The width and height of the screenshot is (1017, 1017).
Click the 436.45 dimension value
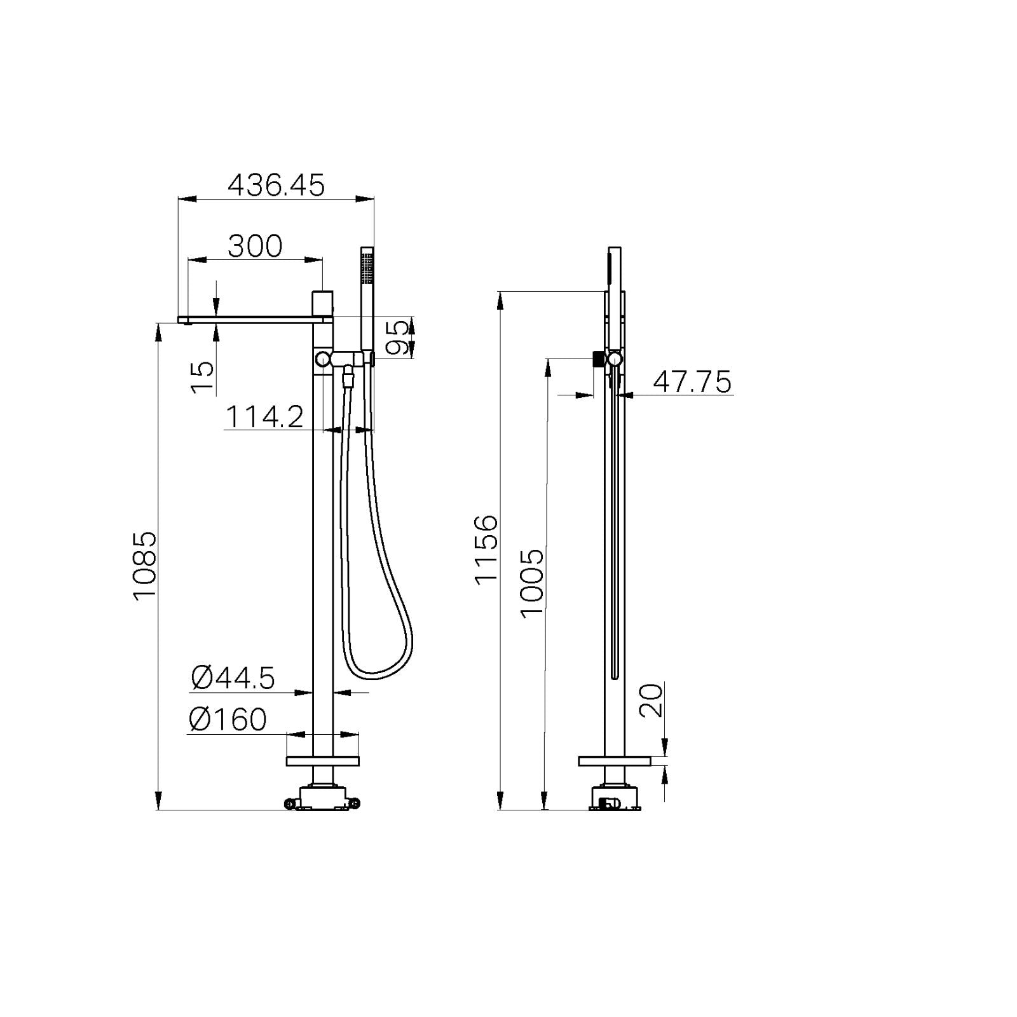(276, 186)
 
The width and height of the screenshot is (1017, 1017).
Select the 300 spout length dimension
(254, 247)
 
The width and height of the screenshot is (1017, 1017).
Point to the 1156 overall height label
(486, 549)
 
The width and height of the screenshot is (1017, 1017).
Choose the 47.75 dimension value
(692, 383)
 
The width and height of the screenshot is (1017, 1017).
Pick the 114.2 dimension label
(264, 418)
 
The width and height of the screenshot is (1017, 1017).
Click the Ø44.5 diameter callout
(233, 678)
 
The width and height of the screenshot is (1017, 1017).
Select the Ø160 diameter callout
(228, 720)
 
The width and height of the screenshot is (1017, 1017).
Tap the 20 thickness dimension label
(651, 700)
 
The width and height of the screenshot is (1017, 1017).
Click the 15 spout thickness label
(203, 377)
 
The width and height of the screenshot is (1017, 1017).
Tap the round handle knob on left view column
(322, 359)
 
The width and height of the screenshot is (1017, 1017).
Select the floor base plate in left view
(322, 761)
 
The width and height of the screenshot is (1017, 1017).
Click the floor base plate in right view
(615, 761)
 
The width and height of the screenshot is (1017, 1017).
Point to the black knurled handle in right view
(597, 359)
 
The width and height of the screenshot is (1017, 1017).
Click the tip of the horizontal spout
(184, 320)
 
